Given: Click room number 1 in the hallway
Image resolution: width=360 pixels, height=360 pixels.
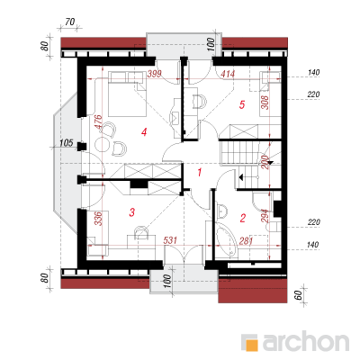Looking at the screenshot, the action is click(x=200, y=173).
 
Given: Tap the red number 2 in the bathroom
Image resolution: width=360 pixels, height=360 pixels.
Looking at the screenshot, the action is click(x=243, y=218).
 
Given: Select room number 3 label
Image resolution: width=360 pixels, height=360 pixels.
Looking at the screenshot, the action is click(x=131, y=212).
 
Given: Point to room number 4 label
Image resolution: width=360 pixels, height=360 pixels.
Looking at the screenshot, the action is click(x=144, y=132).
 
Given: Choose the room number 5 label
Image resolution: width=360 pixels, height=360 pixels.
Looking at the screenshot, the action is click(x=242, y=104).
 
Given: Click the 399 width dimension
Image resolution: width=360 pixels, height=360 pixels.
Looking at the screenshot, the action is click(x=154, y=74).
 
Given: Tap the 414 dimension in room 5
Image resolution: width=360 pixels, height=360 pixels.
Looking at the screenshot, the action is click(x=228, y=74).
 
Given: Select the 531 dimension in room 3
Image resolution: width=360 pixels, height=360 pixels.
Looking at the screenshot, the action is click(x=170, y=240).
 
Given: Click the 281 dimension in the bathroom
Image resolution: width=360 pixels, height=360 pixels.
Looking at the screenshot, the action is click(x=246, y=241).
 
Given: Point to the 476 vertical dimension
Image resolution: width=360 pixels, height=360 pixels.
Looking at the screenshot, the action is click(x=98, y=122).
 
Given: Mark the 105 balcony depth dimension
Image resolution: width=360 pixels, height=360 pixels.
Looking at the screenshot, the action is click(x=67, y=143).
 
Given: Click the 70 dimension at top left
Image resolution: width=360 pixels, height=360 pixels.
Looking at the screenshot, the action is click(x=69, y=22).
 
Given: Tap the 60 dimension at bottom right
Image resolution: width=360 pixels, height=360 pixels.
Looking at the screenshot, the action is click(x=298, y=295).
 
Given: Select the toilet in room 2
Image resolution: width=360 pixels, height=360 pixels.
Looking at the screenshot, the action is click(x=274, y=226).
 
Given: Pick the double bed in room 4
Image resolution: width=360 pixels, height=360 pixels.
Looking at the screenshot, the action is click(x=127, y=94).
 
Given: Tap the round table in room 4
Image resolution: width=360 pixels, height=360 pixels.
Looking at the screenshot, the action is click(x=103, y=145).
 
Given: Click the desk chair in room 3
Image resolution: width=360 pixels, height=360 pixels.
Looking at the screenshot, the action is click(x=141, y=231).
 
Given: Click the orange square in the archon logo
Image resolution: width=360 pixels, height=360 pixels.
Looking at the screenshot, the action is click(x=251, y=344).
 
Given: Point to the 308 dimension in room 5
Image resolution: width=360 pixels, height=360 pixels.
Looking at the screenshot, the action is click(x=265, y=103).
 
